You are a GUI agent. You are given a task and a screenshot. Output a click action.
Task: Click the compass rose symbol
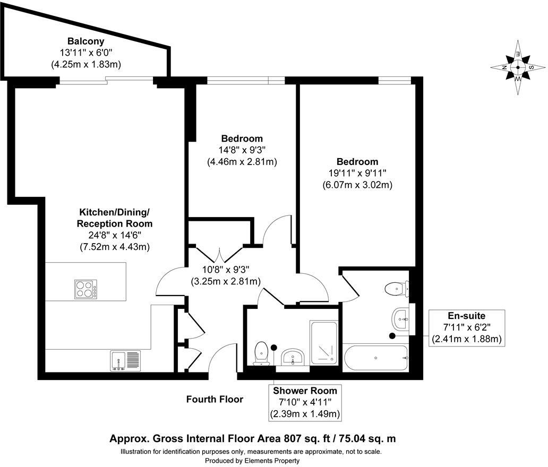pyautogui.click(x=517, y=68)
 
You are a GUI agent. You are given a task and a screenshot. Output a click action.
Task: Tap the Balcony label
pyautogui.click(x=85, y=41)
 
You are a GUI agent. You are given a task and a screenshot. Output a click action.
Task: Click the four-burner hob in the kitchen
pyautogui.click(x=85, y=289)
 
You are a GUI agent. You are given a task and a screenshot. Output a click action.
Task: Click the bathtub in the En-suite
pyautogui.click(x=375, y=358)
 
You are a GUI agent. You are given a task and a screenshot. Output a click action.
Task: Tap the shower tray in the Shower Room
pyautogui.click(x=324, y=342)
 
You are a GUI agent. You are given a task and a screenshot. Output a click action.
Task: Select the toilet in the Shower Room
pyautogui.click(x=261, y=354)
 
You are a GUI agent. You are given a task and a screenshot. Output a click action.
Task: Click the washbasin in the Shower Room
pyautogui.click(x=293, y=357)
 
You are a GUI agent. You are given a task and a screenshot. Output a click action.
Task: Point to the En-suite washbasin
pyautogui.click(x=402, y=319)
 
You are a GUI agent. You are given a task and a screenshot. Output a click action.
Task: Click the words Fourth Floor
pyautogui.click(x=215, y=399)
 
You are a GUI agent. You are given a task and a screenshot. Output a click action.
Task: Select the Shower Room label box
pyautogui.click(x=305, y=402)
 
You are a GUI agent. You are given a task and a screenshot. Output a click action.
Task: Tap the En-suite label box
pyautogui.click(x=466, y=327)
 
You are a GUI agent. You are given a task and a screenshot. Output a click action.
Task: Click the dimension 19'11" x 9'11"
pyautogui.click(x=357, y=174)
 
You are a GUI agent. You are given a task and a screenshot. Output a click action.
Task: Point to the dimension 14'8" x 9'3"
pyautogui.click(x=242, y=150)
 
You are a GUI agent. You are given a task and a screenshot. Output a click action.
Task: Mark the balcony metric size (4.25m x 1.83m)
pyautogui.click(x=86, y=64)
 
